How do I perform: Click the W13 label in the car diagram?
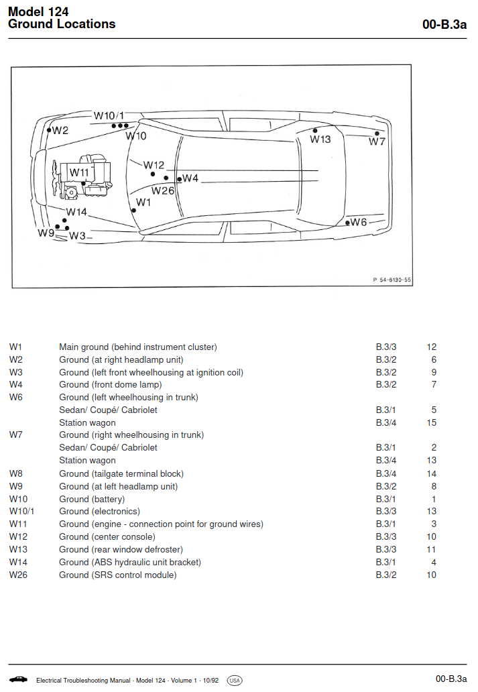point(320,139)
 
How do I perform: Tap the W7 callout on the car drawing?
point(377,141)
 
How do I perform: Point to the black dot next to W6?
point(347,223)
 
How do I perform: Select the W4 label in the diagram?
point(190,178)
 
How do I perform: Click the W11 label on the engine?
point(79,172)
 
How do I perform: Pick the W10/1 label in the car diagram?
point(109,115)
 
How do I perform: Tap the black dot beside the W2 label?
point(50,130)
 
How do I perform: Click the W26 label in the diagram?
point(163,190)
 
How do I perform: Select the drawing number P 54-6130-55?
point(392,280)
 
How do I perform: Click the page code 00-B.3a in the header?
point(444,24)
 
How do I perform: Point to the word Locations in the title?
point(88,24)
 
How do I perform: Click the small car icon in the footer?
point(18,679)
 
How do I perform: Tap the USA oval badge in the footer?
point(235,681)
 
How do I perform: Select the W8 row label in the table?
point(16,473)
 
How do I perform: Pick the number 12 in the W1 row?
point(432,347)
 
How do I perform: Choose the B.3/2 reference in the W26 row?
point(386,575)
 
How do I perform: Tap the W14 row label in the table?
point(18,562)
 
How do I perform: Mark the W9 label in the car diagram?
point(46,233)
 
